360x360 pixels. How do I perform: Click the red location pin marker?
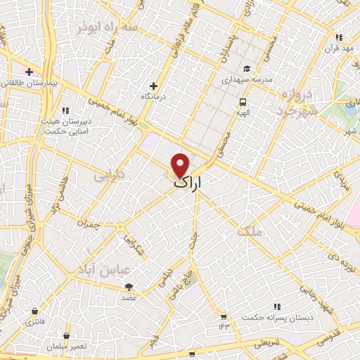click(x=181, y=165)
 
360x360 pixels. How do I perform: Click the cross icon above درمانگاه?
click(x=153, y=86)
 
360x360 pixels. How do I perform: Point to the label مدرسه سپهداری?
click(x=245, y=80)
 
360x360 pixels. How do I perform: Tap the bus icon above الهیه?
click(x=243, y=101)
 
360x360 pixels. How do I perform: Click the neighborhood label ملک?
click(x=249, y=231)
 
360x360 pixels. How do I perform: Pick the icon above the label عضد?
click(x=129, y=286)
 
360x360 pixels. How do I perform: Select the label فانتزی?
click(x=34, y=322)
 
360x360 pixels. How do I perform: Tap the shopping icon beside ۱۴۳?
click(x=223, y=316)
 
